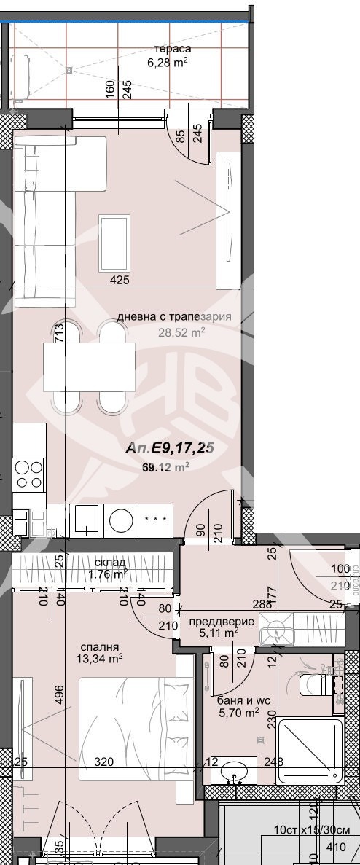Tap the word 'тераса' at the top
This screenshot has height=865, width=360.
(168, 48)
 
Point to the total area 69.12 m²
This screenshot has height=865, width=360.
(167, 467)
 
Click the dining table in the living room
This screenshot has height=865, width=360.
(89, 368)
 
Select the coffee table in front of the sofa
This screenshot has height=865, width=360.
(114, 243)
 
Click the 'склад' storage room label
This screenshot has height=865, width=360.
(111, 563)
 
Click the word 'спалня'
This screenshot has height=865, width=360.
(101, 646)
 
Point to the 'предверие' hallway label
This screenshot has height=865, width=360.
(222, 621)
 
